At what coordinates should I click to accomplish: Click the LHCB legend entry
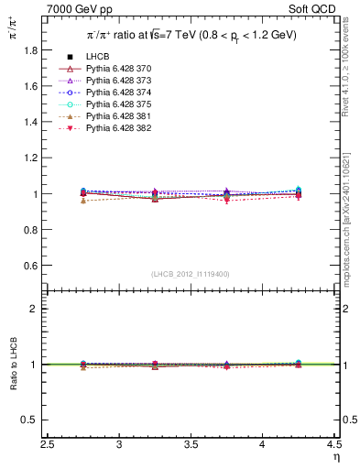coord(99,58)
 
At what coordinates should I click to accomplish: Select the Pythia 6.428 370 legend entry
coord(119,70)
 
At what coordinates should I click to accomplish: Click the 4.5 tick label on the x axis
coord(335,445)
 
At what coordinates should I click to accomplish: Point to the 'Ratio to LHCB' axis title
coord(13,365)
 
